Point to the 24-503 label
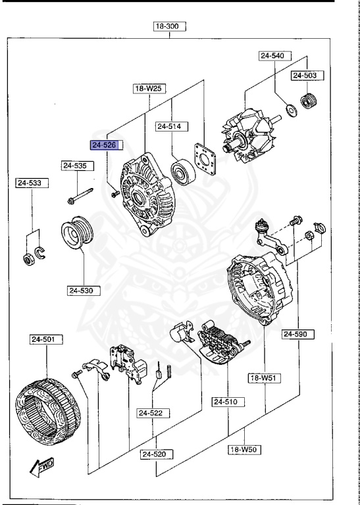(x=305, y=76)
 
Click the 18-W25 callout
(x=149, y=87)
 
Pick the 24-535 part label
(x=75, y=166)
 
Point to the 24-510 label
(x=228, y=401)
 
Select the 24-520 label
(x=157, y=454)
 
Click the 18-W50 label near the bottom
(x=245, y=450)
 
